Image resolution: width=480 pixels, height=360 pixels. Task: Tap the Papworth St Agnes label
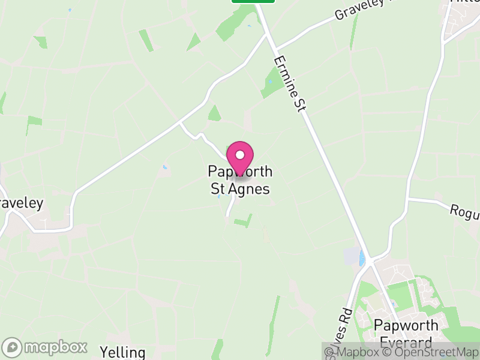(x=240, y=180)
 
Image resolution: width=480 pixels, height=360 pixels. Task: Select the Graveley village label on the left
(x=20, y=203)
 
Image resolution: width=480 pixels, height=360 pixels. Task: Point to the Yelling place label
(x=123, y=352)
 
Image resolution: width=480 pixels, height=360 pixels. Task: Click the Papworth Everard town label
(x=403, y=334)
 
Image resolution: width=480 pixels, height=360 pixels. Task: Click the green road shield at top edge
(x=253, y=1)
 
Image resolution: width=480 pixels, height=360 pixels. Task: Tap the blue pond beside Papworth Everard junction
(x=361, y=258)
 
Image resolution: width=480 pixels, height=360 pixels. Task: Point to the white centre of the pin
(x=240, y=154)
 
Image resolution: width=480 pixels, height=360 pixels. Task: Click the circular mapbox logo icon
(x=13, y=347)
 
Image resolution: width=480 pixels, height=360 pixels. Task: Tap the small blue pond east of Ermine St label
(x=269, y=81)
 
